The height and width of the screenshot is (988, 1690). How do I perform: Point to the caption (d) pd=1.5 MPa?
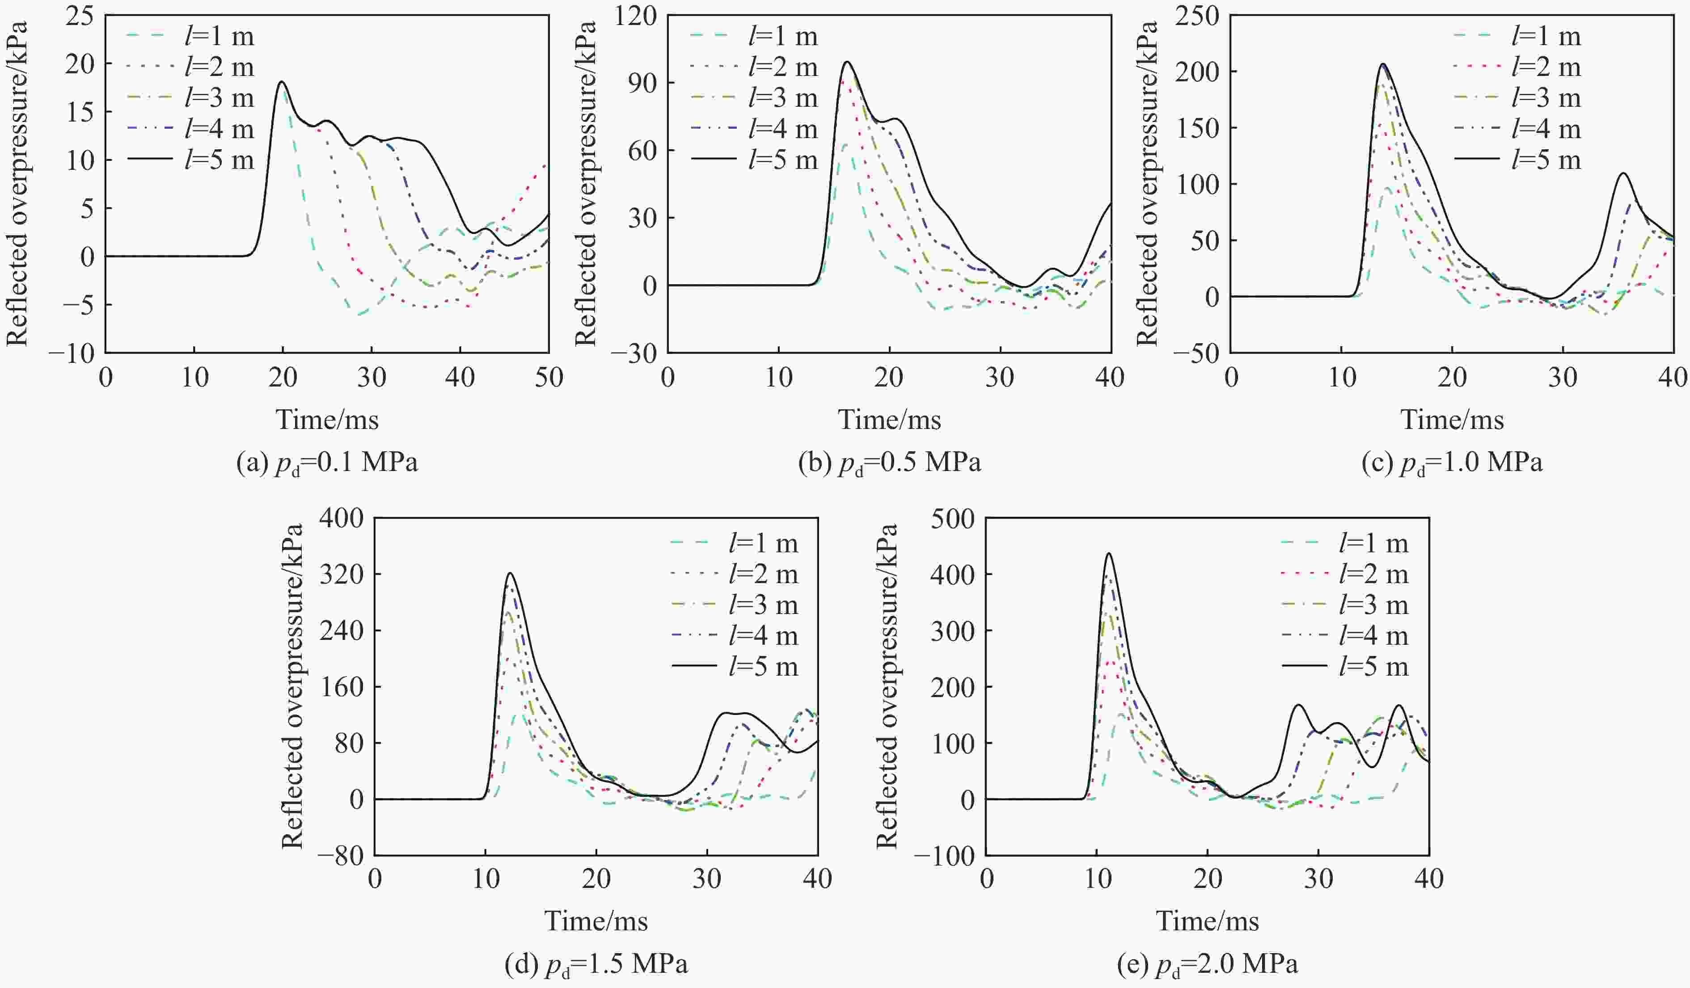(x=596, y=965)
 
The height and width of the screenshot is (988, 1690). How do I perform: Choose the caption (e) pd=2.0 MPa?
(x=1207, y=965)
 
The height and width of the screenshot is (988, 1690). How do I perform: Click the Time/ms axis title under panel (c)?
(x=1452, y=420)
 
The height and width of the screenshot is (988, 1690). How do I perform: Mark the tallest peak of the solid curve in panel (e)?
(x=1109, y=554)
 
